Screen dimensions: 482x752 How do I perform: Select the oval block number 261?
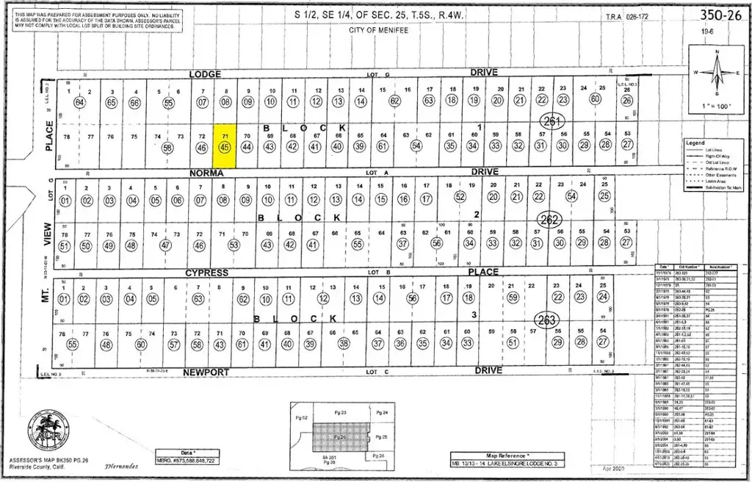(552, 120)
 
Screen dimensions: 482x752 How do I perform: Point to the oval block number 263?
(547, 320)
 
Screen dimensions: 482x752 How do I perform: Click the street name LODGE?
(205, 73)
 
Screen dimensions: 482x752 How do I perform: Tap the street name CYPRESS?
(206, 273)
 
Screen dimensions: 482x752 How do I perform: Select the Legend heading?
(694, 142)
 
